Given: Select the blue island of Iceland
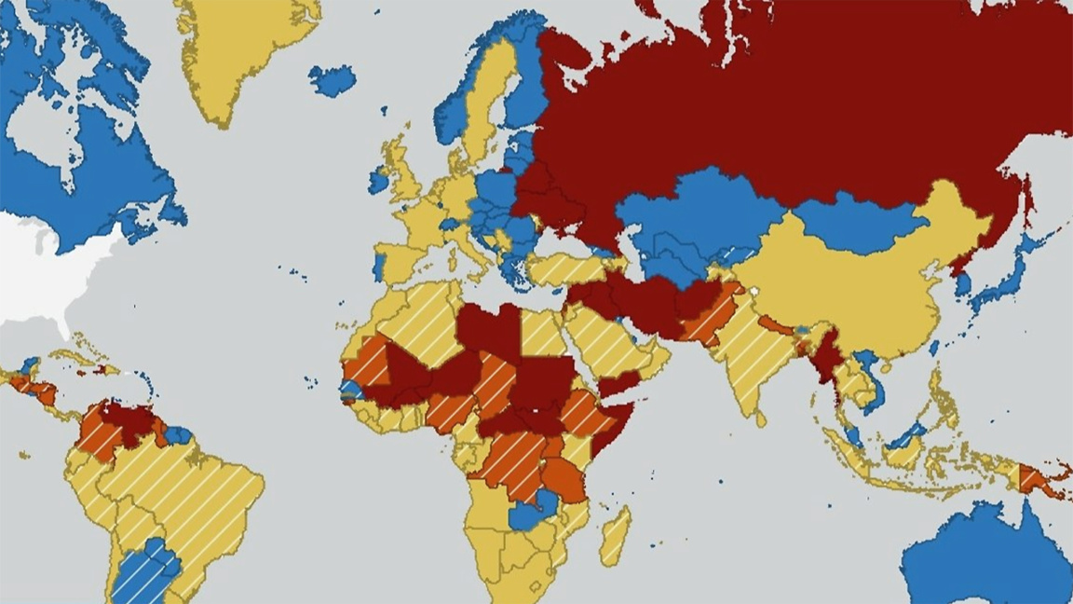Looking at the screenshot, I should tap(333, 80).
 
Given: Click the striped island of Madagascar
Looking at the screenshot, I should tap(616, 536).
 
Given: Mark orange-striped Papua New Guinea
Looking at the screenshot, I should tap(1034, 480).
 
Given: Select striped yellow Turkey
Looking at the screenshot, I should tap(568, 269).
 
